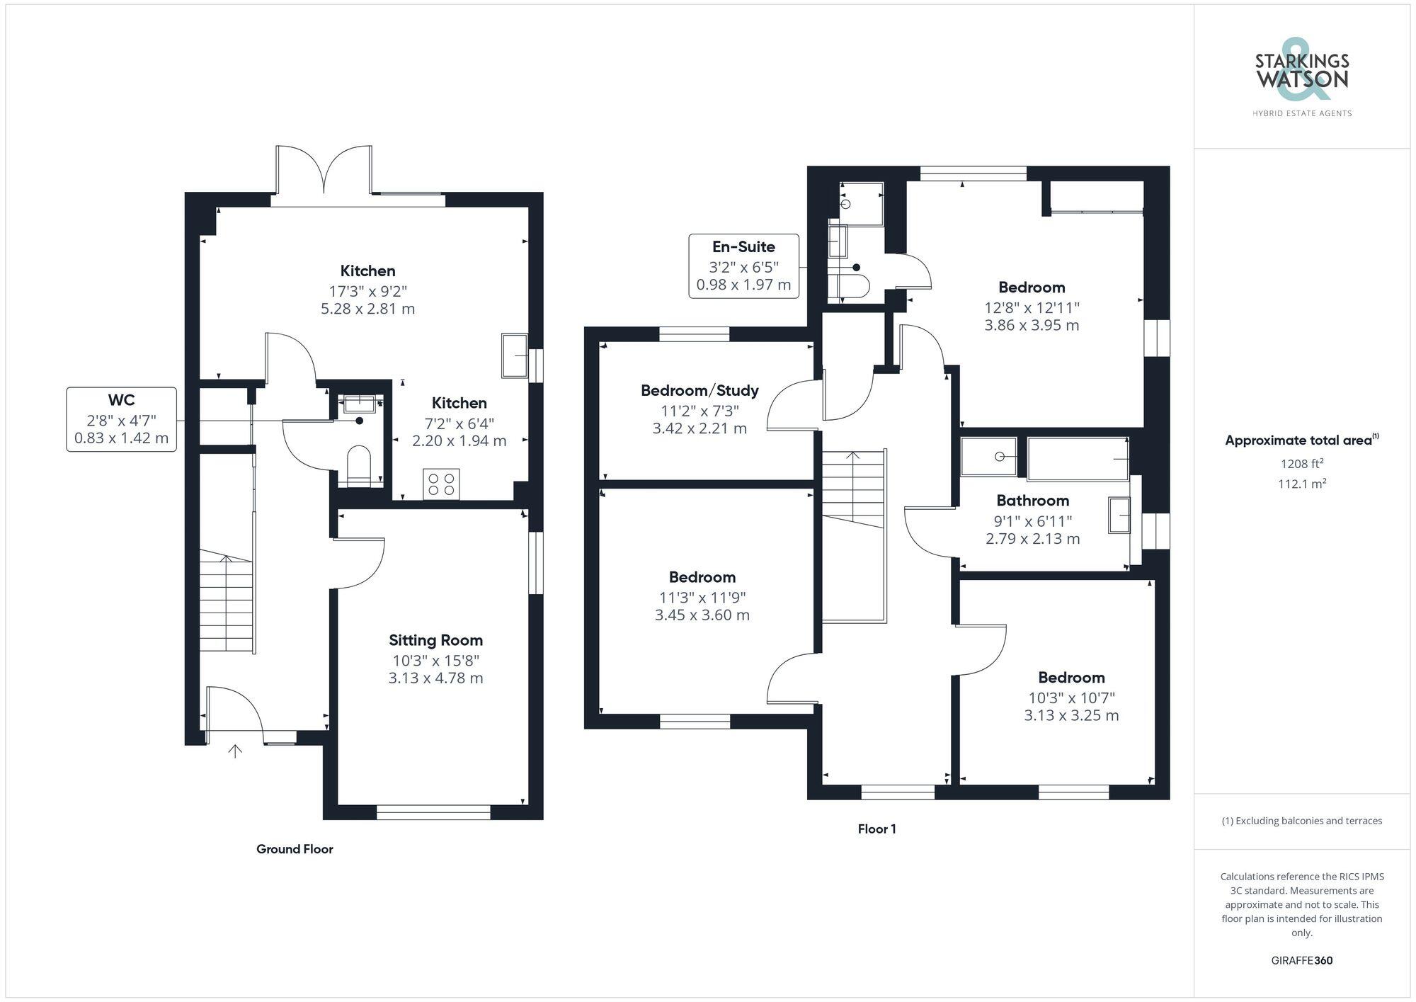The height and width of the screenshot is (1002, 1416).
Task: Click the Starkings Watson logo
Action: click(x=1301, y=78)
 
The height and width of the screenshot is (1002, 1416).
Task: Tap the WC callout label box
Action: click(x=121, y=419)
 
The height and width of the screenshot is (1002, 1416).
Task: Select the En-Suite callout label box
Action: click(x=743, y=266)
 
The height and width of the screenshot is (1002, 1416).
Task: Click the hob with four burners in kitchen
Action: click(x=441, y=484)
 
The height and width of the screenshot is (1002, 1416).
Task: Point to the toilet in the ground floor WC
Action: click(x=359, y=465)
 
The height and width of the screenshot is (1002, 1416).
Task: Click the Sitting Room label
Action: click(x=435, y=640)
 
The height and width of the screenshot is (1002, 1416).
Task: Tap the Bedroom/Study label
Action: click(x=700, y=390)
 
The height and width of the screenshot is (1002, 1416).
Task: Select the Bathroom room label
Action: click(x=1032, y=501)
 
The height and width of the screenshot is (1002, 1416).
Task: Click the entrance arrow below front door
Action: click(x=235, y=751)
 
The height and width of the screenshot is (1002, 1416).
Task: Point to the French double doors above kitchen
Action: click(x=324, y=171)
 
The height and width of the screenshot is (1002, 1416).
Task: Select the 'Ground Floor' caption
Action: click(x=295, y=849)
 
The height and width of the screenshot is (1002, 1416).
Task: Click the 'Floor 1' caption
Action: click(x=877, y=829)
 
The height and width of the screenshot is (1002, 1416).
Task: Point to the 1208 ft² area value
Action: click(x=1301, y=465)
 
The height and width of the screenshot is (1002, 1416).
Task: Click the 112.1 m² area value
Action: click(x=1301, y=484)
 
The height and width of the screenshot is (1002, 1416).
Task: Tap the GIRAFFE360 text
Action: click(x=1301, y=961)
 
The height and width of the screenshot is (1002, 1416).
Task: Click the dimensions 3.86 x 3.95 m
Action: click(x=1032, y=326)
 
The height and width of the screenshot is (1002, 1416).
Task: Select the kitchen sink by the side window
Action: click(x=515, y=355)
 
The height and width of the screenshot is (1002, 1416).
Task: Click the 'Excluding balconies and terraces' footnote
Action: click(x=1301, y=821)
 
